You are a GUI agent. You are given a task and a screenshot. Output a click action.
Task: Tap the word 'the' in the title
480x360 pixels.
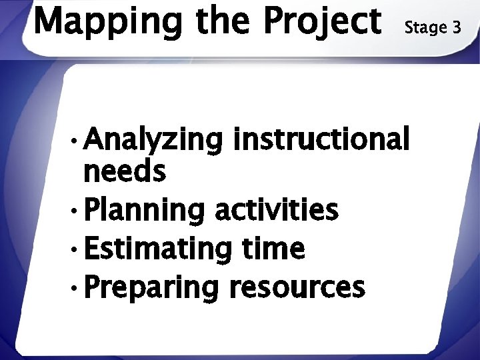[x=225, y=20]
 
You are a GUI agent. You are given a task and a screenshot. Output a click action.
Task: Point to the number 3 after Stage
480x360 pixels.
[x=456, y=27]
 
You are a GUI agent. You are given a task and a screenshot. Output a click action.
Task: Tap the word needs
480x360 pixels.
[x=124, y=173]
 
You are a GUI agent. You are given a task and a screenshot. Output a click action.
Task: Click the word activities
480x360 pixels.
[x=276, y=210]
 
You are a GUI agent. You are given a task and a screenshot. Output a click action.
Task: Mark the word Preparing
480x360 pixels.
[x=151, y=289]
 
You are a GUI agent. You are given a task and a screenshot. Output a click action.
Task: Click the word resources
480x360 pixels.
[x=297, y=288]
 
